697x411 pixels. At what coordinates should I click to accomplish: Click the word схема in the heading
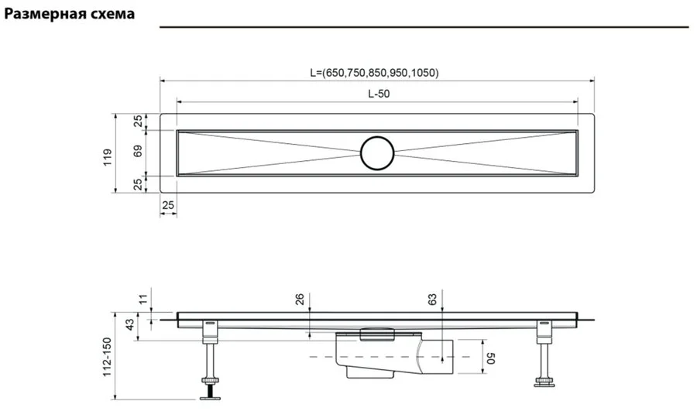click(x=112, y=15)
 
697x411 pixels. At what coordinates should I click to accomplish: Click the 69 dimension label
click(x=138, y=152)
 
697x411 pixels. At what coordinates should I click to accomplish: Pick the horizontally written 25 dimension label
click(x=168, y=204)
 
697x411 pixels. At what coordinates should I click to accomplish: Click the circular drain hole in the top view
click(x=377, y=152)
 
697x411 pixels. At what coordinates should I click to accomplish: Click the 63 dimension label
click(x=433, y=299)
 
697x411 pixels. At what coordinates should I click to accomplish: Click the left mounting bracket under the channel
click(x=209, y=331)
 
